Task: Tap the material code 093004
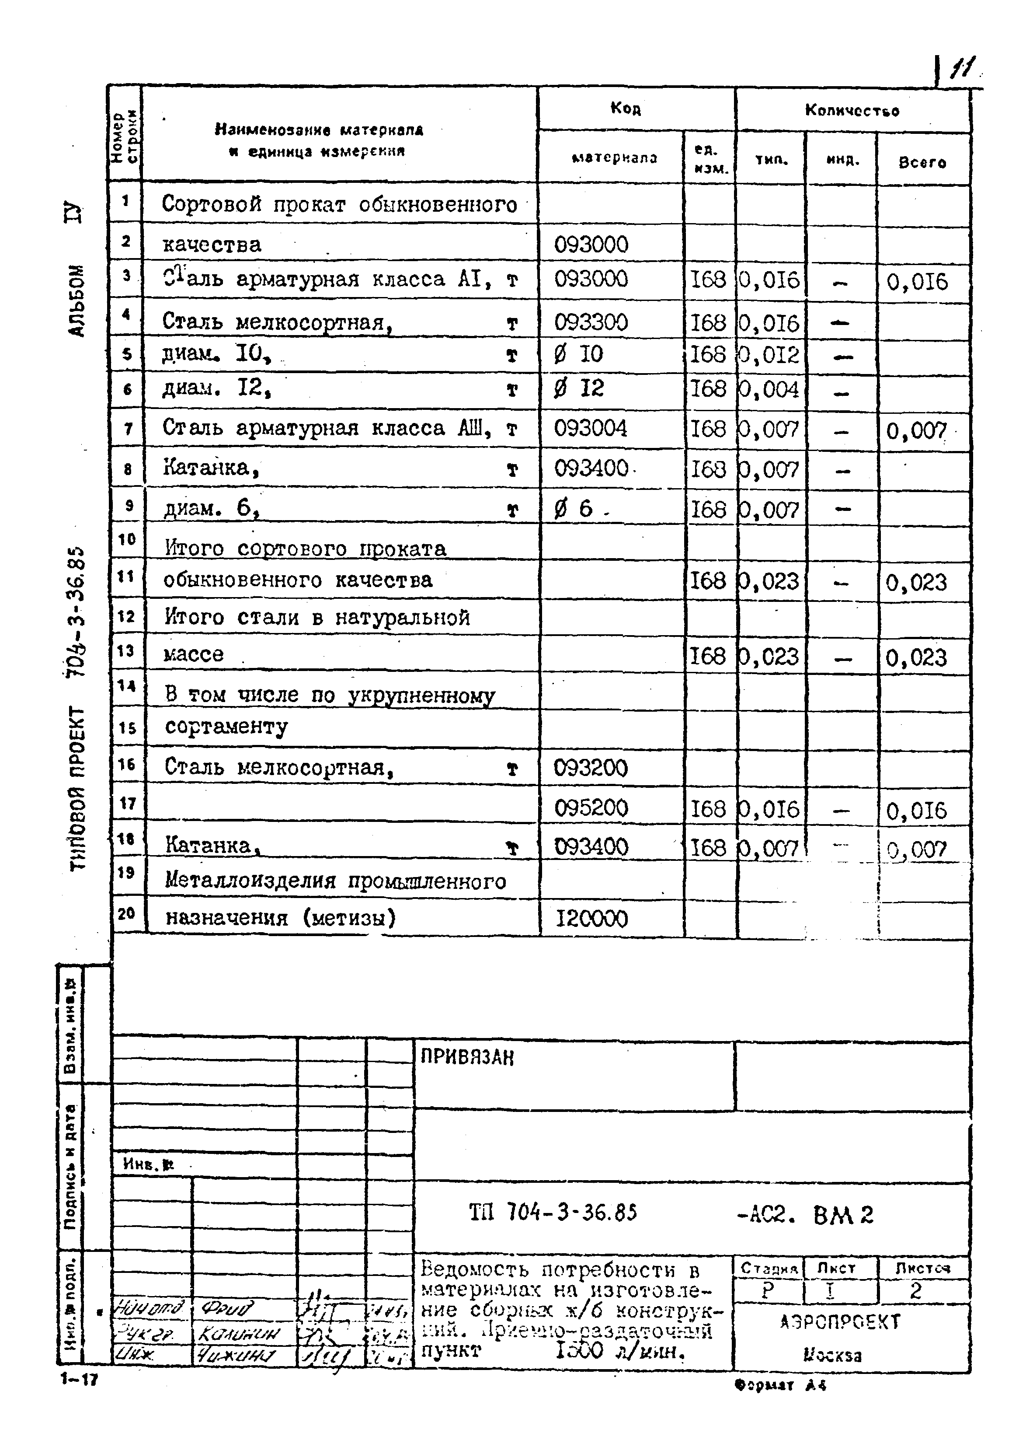click(590, 428)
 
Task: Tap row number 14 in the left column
click(127, 686)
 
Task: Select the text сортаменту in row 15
click(226, 727)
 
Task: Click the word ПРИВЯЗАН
click(467, 1058)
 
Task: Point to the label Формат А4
click(780, 1384)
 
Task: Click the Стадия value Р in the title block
click(768, 1290)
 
